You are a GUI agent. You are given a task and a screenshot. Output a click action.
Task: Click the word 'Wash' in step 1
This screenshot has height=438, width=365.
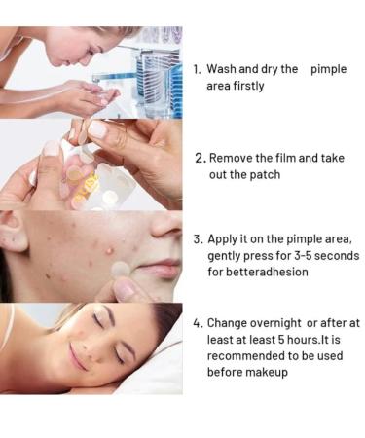[221, 69]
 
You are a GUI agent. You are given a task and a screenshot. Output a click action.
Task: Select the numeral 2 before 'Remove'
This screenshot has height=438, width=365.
[200, 159]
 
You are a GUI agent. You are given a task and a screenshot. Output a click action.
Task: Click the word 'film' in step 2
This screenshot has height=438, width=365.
[285, 158]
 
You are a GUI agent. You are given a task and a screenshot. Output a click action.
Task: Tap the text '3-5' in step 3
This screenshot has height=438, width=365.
[303, 256]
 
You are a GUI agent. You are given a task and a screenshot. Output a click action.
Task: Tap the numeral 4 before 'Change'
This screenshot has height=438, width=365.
[198, 323]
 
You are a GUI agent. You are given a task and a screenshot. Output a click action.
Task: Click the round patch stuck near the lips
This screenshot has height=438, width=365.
[121, 269]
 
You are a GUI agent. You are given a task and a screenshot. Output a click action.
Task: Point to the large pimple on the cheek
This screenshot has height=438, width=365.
[110, 250]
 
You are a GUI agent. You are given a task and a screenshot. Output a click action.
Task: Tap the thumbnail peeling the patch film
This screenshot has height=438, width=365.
[98, 129]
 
